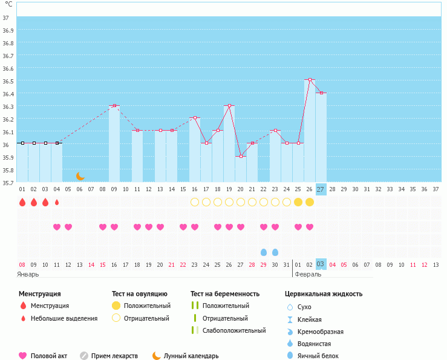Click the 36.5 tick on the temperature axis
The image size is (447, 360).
coord(8,80)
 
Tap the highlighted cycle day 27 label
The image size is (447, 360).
coord(321,189)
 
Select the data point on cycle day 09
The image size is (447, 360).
coord(114,106)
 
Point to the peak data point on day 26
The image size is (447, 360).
coord(310,80)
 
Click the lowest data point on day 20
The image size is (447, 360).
coord(241,157)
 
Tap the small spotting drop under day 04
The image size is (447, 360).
coord(57,202)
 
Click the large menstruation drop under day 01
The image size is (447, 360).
coord(22,202)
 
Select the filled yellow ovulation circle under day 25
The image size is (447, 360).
coord(298,202)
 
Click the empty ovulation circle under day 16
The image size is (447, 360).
coord(195,202)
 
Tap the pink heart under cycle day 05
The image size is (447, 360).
coord(68,227)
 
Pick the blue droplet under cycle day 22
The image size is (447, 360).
coord(264,252)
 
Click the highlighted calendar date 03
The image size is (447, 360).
coord(321,264)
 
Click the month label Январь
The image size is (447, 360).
coord(28,274)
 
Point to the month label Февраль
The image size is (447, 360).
coord(307,274)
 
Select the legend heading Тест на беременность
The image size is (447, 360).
coord(225,293)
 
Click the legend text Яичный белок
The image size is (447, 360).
coord(318,356)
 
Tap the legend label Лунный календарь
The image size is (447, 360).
coord(192,356)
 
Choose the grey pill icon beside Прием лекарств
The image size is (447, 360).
coord(84,356)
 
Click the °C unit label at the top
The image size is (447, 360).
coord(8,4)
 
